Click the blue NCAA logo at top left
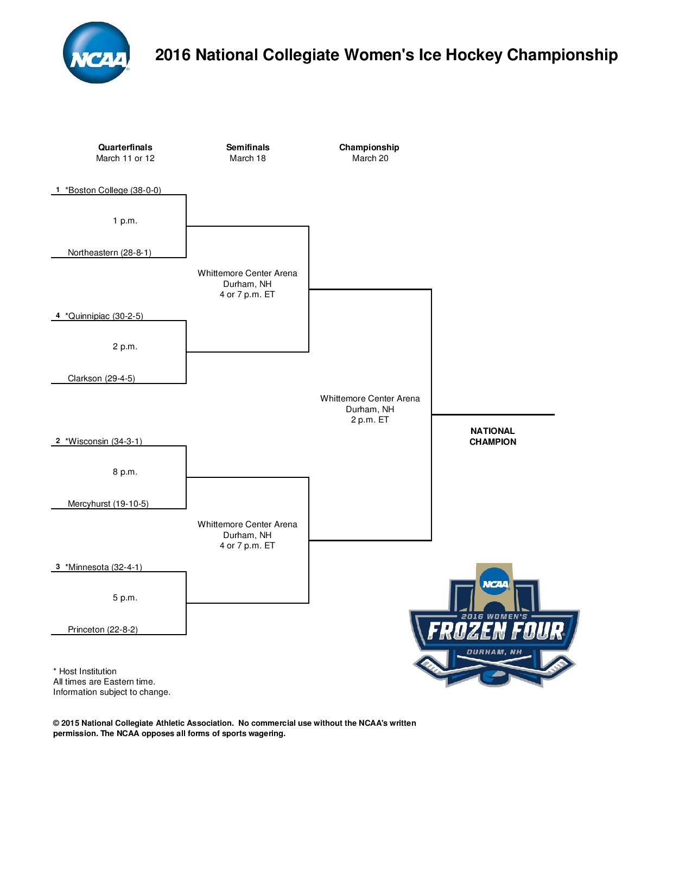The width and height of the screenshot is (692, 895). click(96, 53)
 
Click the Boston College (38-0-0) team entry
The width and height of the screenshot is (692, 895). click(113, 190)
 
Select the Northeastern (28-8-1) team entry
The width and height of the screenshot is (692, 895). click(109, 253)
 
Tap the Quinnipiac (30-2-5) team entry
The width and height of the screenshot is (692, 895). click(104, 316)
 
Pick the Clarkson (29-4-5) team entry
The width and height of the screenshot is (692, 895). click(101, 379)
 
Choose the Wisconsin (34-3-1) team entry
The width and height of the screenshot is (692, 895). click(103, 442)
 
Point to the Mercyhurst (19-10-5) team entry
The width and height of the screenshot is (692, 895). click(108, 504)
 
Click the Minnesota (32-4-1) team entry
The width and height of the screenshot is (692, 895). click(103, 567)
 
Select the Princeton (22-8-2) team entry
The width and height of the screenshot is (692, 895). click(103, 630)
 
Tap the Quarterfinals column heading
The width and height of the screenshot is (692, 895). click(125, 148)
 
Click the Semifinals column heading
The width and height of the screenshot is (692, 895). click(247, 148)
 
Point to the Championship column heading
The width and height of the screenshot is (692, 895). click(369, 148)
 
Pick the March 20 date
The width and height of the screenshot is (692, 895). click(370, 158)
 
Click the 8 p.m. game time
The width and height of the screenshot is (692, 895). click(125, 472)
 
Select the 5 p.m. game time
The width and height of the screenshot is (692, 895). click(125, 598)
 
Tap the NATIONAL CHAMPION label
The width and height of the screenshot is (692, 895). click(492, 437)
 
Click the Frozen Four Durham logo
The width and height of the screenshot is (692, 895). click(494, 627)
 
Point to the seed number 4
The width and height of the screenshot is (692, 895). click(58, 316)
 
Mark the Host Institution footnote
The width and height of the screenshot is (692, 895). click(85, 672)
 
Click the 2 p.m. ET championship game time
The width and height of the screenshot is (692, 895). click(370, 420)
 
